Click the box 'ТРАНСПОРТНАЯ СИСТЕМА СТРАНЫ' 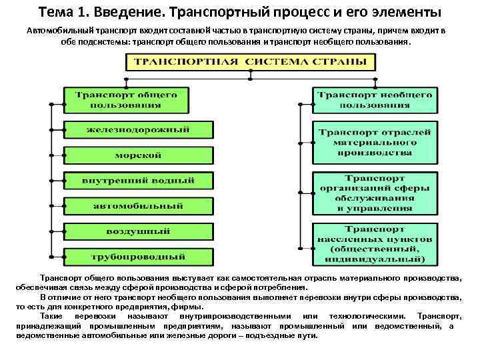click(250, 62)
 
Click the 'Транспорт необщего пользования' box click(374, 100)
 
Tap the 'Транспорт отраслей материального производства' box click(374, 143)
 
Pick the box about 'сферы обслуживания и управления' click(374, 194)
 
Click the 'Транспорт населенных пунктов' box click(374, 243)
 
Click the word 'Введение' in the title click(124, 13)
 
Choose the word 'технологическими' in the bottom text click(360, 315)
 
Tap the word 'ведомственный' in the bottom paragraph click(406, 325)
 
